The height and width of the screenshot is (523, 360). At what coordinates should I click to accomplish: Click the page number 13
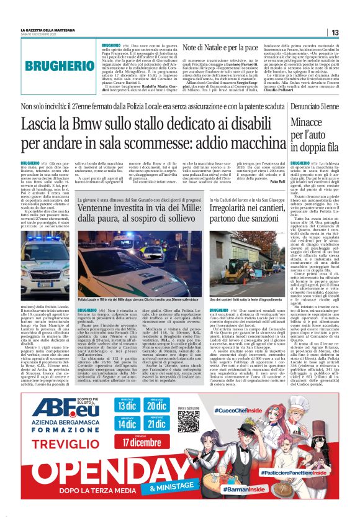click(x=335, y=33)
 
